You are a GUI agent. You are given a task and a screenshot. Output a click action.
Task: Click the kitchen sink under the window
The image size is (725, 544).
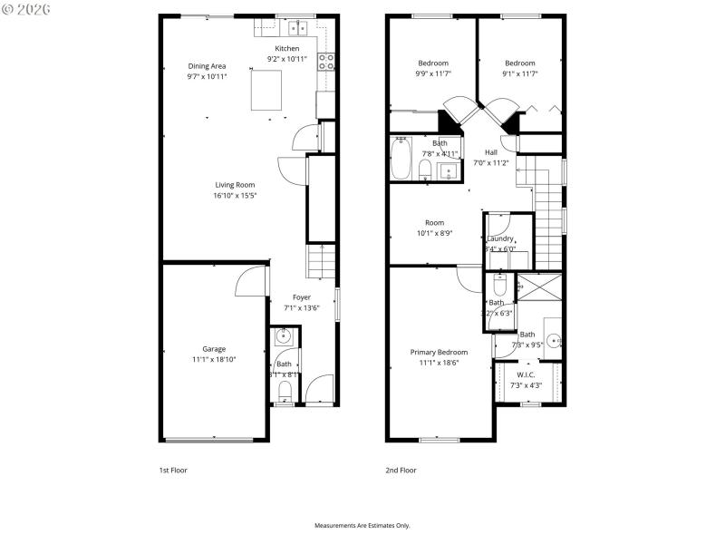tap(299, 29)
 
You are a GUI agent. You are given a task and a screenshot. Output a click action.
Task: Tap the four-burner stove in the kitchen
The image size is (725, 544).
tap(326, 62)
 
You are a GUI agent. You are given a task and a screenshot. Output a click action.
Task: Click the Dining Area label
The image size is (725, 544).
tap(207, 66)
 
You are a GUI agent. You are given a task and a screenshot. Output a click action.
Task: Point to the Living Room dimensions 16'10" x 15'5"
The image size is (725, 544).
tap(235, 195)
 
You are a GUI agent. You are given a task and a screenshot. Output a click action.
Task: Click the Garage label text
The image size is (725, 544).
tap(214, 349)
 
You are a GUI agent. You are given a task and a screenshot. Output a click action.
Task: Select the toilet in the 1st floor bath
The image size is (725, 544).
tap(285, 391)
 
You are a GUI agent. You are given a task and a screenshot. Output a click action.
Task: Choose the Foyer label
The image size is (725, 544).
tap(301, 297)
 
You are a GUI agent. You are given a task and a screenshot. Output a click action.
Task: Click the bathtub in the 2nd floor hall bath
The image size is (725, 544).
tap(401, 158)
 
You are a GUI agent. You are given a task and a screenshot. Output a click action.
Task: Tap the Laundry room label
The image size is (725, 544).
tap(500, 238)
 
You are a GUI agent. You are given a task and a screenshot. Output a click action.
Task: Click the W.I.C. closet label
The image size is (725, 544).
tap(527, 375)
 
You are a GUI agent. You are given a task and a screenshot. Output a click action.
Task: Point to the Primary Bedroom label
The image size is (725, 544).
tap(439, 352)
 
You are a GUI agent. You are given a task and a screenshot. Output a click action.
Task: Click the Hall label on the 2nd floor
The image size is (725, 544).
tap(491, 152)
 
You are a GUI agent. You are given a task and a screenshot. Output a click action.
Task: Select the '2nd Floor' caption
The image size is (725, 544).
tap(401, 471)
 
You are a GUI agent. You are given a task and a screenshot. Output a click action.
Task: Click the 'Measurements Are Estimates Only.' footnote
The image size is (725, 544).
tap(362, 525)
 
